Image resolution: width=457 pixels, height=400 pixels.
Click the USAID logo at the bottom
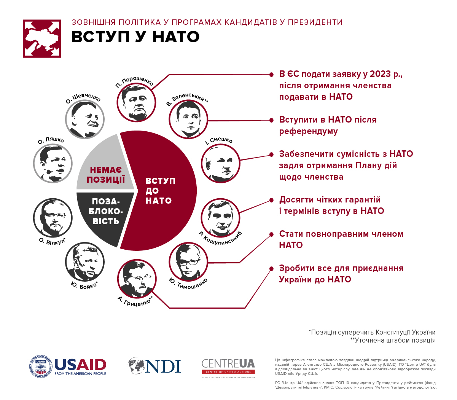(68, 367)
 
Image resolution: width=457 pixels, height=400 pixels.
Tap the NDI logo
(154, 366)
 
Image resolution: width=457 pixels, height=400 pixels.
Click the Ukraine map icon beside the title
(42, 39)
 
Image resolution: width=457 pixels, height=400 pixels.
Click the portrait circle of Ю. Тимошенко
(188, 261)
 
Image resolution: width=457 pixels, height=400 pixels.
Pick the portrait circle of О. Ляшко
(53, 164)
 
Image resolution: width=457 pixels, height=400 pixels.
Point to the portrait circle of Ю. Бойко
(85, 262)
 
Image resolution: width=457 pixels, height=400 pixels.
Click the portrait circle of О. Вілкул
(53, 217)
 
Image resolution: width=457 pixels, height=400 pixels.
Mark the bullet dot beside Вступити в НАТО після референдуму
(271, 120)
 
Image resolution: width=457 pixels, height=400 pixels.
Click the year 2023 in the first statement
(380, 74)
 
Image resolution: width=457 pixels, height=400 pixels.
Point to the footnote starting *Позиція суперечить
(372, 332)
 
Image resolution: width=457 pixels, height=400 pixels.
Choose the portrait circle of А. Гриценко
(137, 279)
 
